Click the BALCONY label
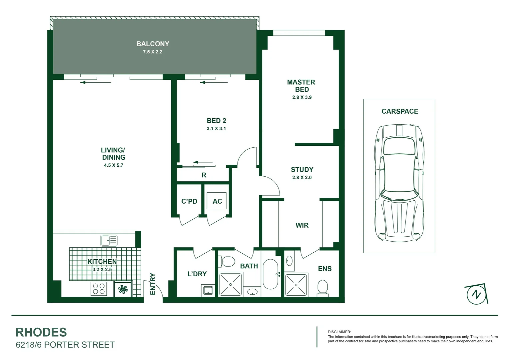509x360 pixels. (153, 44)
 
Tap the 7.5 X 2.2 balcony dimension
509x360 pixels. (153, 52)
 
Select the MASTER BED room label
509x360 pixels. (301, 86)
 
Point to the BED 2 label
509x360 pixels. (216, 121)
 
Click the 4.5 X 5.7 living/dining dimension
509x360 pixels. (113, 165)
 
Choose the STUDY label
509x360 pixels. (302, 169)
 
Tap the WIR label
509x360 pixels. (302, 225)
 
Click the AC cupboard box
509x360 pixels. (217, 201)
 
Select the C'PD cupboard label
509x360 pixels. (189, 201)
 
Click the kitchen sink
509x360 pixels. (109, 240)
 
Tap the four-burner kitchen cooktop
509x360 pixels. (99, 289)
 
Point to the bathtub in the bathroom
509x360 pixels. (270, 274)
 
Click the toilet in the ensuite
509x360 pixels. (322, 288)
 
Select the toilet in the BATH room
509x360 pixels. (228, 262)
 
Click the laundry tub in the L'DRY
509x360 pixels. (208, 290)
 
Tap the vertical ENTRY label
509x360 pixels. (153, 284)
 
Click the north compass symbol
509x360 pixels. (476, 294)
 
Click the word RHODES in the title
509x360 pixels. (41, 332)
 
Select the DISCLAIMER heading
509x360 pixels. (339, 332)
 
